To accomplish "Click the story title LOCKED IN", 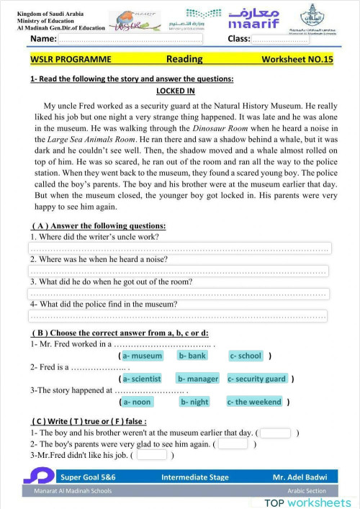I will [x=180, y=91].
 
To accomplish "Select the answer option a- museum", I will [x=142, y=356].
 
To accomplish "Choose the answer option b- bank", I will [x=192, y=356].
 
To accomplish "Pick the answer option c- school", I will [x=246, y=356].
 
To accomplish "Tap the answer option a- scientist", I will [x=142, y=379].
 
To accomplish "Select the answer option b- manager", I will [x=197, y=379].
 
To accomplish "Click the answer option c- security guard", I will [x=257, y=379].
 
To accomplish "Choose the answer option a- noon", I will [x=136, y=402].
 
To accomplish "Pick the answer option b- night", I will [x=194, y=402].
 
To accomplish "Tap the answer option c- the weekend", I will [x=254, y=402].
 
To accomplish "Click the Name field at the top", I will [x=130, y=39].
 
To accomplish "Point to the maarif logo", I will [x=253, y=19].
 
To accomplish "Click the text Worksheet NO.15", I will [x=297, y=59].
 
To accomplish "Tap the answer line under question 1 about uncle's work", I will [x=179, y=248].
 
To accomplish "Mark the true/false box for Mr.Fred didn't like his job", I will [x=151, y=455].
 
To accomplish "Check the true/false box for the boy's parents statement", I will [x=233, y=444].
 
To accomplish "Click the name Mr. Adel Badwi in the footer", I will [x=300, y=477].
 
